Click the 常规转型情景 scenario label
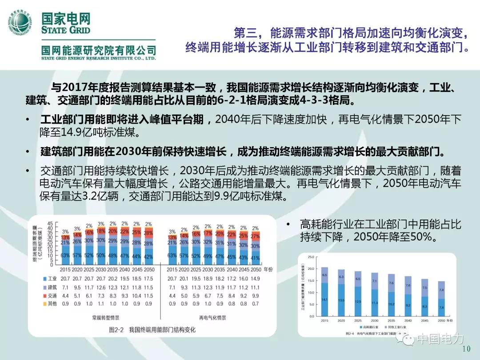[x=105, y=318]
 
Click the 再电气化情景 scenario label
[x=212, y=318]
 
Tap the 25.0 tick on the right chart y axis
[x=310, y=257]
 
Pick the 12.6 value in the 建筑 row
[x=101, y=287]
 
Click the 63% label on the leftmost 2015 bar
[x=65, y=256]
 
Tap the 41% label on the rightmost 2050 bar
[x=255, y=258]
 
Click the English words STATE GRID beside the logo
[x=66, y=30]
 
